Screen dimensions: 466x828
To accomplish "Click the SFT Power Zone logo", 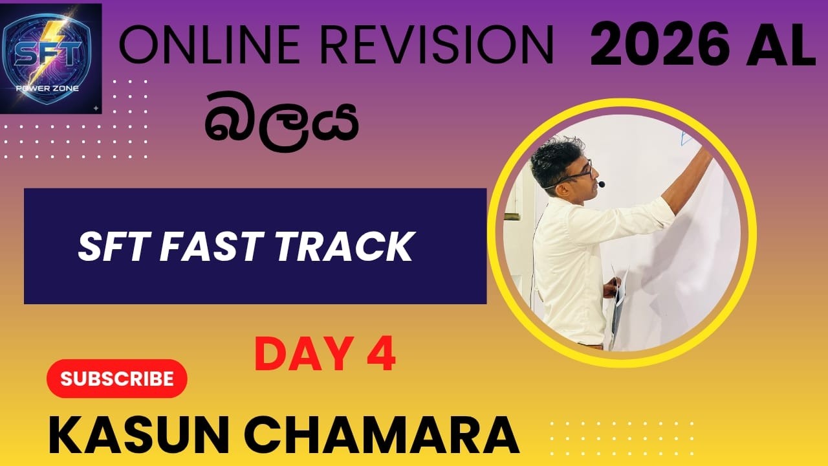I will [x=51, y=58].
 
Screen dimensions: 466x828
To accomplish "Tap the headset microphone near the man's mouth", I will [x=601, y=184].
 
